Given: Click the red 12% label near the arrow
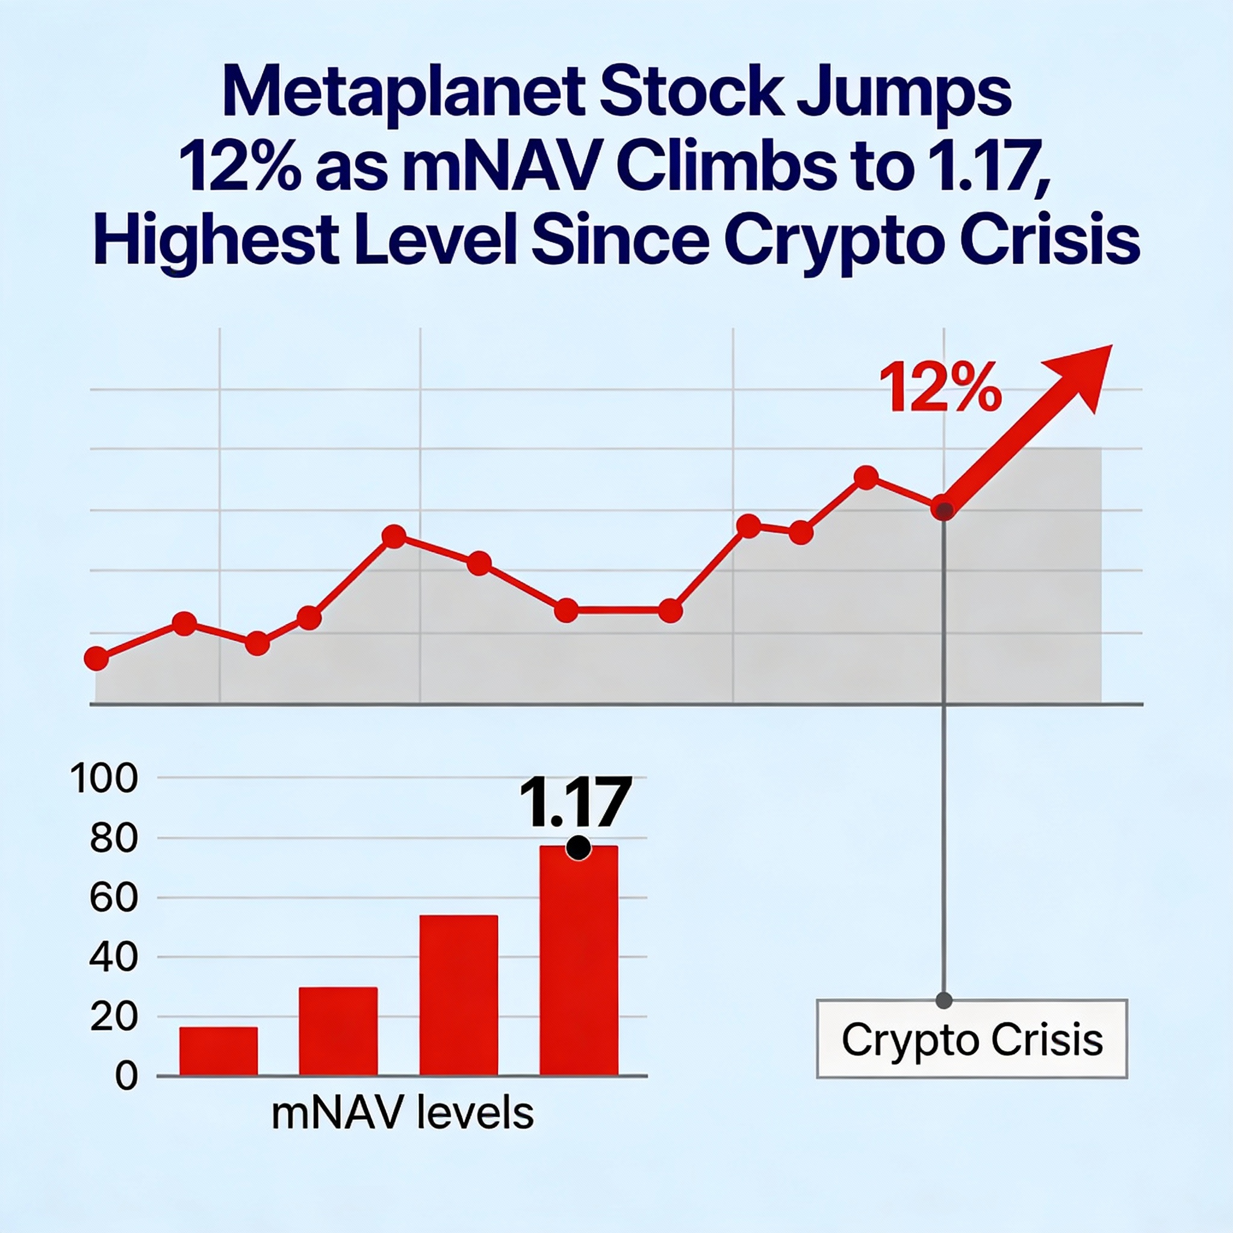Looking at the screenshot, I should (x=939, y=387).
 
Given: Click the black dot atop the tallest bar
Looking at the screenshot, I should (x=578, y=848).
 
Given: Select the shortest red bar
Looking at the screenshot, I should (x=219, y=1052).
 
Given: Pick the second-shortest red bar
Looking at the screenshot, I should (x=338, y=1032).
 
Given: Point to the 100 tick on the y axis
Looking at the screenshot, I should (x=104, y=779).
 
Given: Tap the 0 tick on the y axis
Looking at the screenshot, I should (x=126, y=1076).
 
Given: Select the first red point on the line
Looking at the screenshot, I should (x=96, y=658).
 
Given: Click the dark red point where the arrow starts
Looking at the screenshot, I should (x=943, y=509).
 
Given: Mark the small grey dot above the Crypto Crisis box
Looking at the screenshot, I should (x=944, y=1000).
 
